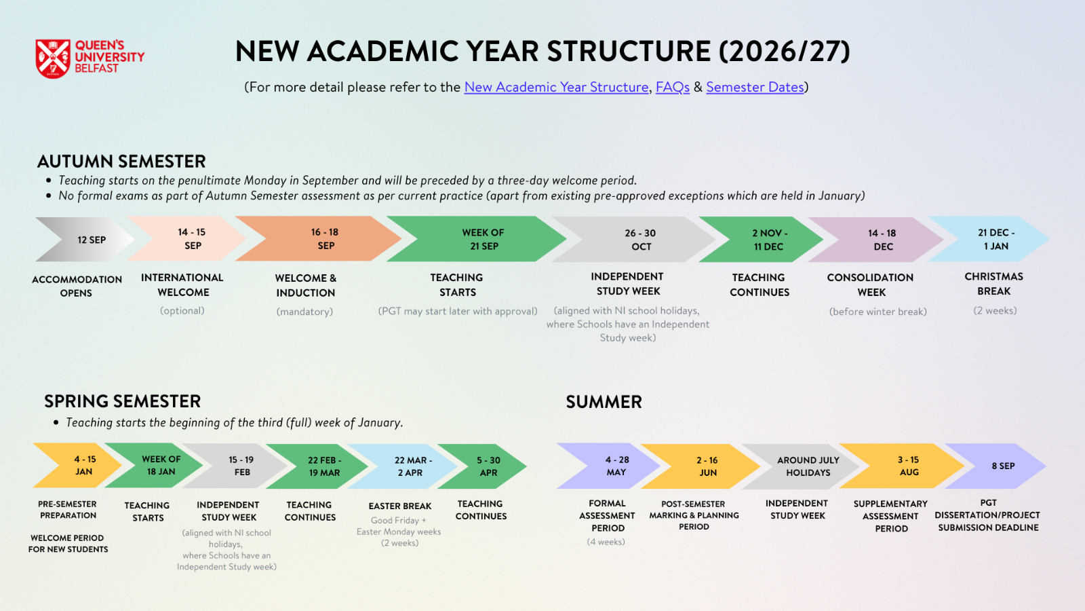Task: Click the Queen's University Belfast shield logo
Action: tap(53, 58)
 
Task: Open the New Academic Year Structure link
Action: tap(556, 88)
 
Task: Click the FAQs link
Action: tap(672, 88)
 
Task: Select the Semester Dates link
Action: tap(755, 88)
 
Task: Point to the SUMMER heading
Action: tap(604, 402)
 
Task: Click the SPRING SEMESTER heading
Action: tap(122, 401)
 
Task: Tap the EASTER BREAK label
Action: tap(400, 506)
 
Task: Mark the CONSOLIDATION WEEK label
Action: tap(871, 284)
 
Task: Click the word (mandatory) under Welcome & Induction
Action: tap(304, 312)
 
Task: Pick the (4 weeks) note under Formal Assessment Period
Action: tap(606, 542)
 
